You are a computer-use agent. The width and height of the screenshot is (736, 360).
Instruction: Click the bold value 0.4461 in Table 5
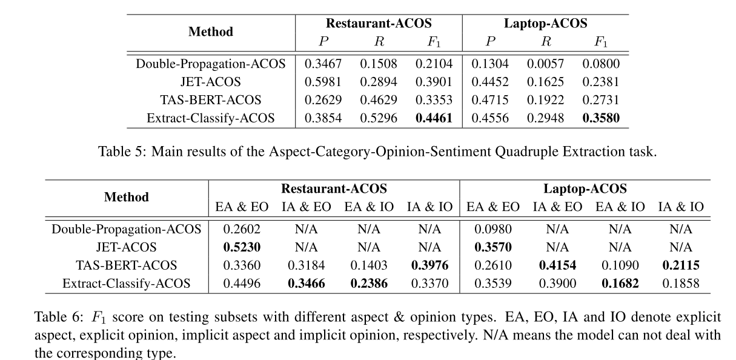pyautogui.click(x=434, y=118)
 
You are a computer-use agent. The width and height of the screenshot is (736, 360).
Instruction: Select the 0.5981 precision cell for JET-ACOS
pyautogui.click(x=323, y=82)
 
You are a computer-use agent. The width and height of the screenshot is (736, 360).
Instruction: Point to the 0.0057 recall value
pyautogui.click(x=545, y=64)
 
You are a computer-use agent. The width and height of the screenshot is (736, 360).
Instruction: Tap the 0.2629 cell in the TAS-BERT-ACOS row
pyautogui.click(x=323, y=100)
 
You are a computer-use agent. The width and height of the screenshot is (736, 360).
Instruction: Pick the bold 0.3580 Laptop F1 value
pyautogui.click(x=600, y=118)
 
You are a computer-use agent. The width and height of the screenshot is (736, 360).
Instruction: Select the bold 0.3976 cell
pyautogui.click(x=429, y=265)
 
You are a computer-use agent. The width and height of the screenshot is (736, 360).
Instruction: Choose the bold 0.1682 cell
pyautogui.click(x=620, y=283)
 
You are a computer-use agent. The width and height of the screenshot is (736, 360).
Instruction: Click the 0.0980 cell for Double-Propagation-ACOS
pyautogui.click(x=493, y=228)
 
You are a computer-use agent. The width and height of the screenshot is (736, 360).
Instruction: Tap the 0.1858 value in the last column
pyautogui.click(x=681, y=283)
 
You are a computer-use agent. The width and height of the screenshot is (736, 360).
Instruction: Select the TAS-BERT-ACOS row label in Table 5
pyautogui.click(x=210, y=100)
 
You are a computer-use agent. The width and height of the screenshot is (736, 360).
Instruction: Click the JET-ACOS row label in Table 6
pyautogui.click(x=126, y=247)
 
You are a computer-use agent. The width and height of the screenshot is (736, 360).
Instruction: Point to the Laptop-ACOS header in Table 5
pyautogui.click(x=545, y=24)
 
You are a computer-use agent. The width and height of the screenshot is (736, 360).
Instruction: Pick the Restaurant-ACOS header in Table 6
pyautogui.click(x=334, y=188)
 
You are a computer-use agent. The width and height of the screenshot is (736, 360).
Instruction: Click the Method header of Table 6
pyautogui.click(x=126, y=197)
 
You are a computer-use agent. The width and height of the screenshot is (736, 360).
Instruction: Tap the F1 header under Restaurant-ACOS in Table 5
pyautogui.click(x=434, y=42)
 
